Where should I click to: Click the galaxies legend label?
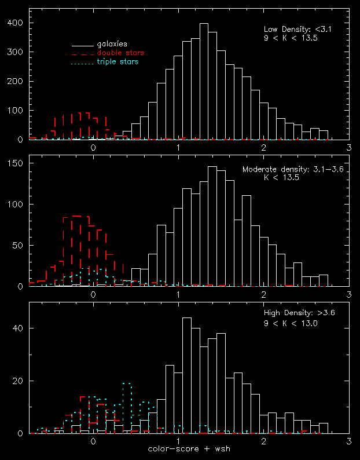click(x=112, y=45)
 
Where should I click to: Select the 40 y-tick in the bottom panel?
click(x=17, y=328)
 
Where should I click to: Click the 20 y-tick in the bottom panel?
click(x=17, y=381)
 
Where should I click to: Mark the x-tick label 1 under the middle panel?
click(x=179, y=294)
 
